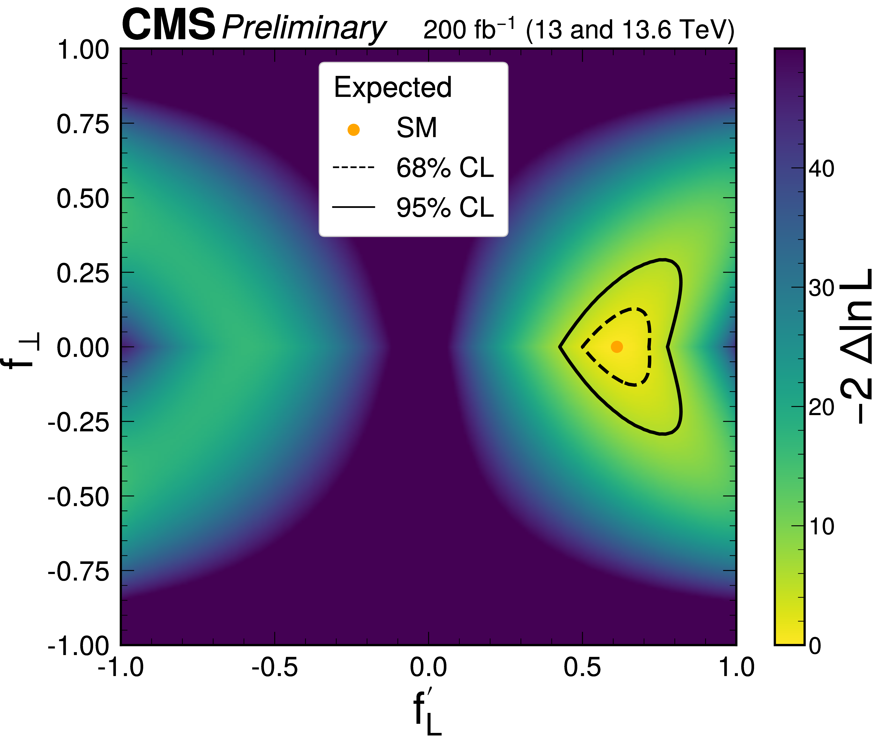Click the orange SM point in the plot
[x=617, y=347]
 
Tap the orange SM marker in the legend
[x=353, y=130]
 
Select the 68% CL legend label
[x=445, y=168]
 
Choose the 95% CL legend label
[x=445, y=208]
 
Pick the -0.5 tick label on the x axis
[x=275, y=667]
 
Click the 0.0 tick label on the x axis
[x=429, y=667]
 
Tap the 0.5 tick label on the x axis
[x=582, y=667]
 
